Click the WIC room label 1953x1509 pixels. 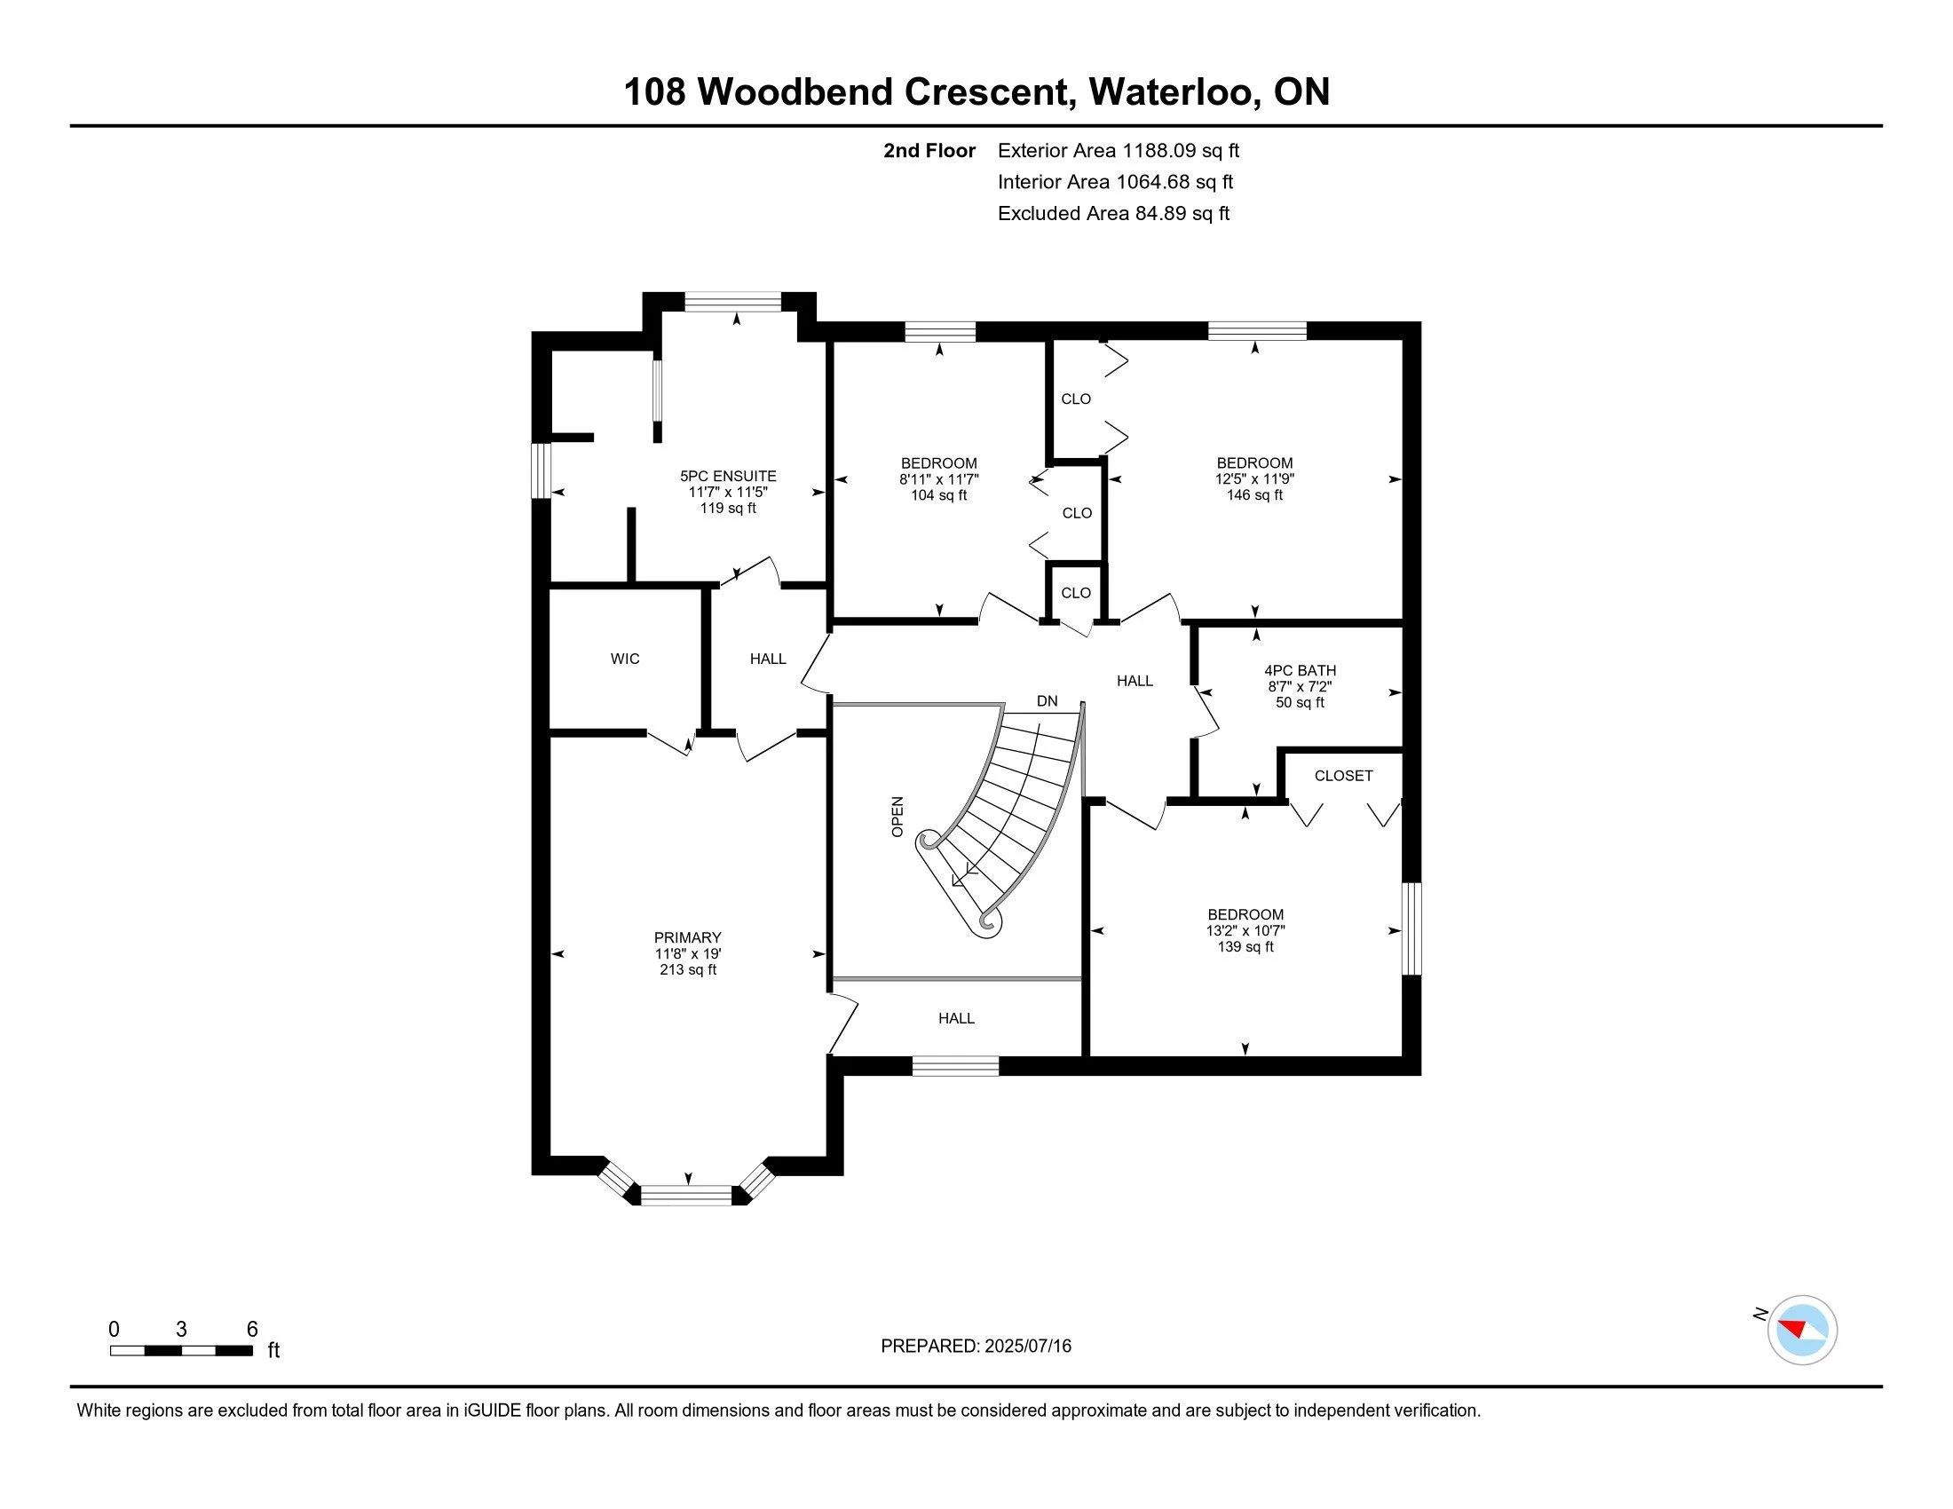(625, 659)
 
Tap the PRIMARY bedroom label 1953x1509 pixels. (687, 936)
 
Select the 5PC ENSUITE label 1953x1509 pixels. (728, 476)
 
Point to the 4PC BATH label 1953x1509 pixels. (1301, 670)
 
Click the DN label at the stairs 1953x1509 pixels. (1048, 701)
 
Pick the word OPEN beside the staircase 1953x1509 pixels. (897, 816)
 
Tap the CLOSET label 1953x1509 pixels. (1343, 776)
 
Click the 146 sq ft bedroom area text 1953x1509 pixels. (1254, 494)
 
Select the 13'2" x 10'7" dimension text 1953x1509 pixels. (1245, 929)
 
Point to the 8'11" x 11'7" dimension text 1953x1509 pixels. (939, 479)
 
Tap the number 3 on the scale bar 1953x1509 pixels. (181, 1330)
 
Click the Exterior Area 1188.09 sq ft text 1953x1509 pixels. (1118, 150)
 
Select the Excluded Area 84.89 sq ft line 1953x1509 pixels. (1113, 213)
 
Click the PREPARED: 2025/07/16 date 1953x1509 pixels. (976, 1347)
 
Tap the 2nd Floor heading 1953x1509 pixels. (929, 150)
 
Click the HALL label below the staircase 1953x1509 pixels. (956, 1018)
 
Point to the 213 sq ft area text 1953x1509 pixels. (688, 969)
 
